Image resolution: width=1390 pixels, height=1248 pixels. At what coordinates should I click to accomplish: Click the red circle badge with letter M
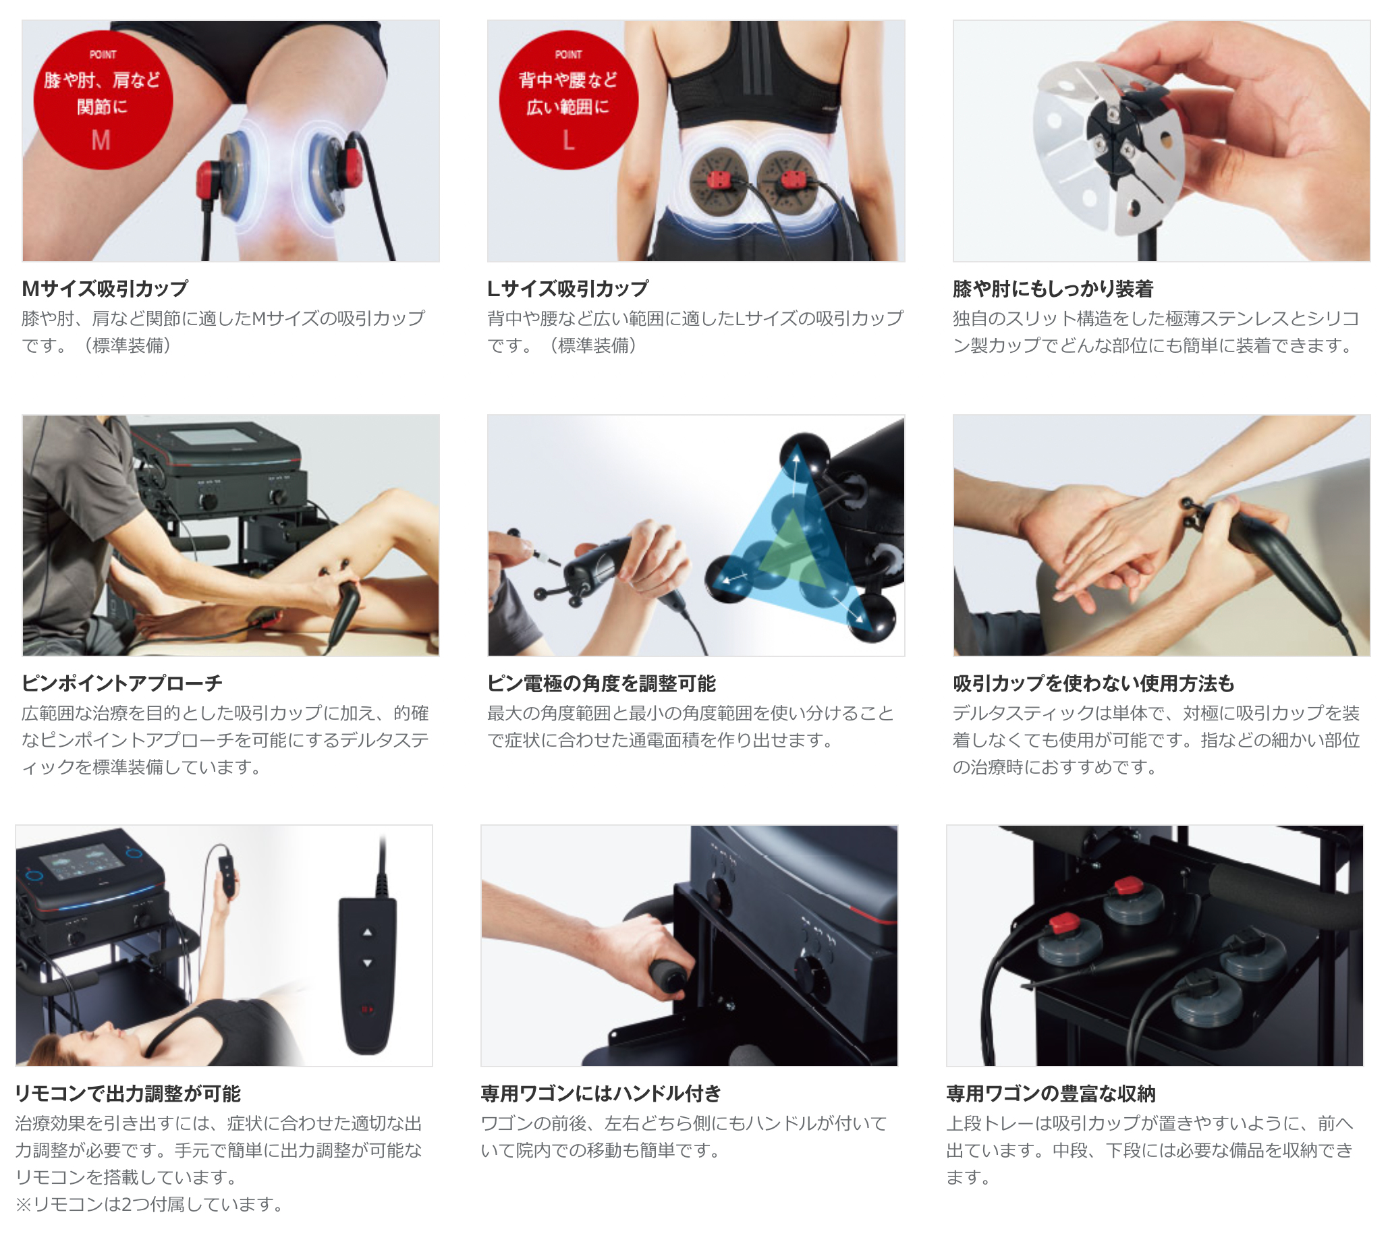103,100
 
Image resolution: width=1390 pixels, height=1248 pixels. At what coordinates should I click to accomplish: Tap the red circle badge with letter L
568,100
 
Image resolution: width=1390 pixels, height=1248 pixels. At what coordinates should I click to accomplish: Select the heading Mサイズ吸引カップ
105,289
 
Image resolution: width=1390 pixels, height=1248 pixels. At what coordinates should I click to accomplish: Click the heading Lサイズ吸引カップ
567,289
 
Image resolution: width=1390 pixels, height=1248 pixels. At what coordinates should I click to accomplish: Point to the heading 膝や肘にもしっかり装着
1053,289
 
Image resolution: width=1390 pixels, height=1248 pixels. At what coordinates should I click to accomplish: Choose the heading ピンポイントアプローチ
122,683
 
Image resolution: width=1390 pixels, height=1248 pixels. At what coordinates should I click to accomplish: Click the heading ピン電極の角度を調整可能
601,683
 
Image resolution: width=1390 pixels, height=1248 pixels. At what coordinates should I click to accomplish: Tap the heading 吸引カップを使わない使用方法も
1093,683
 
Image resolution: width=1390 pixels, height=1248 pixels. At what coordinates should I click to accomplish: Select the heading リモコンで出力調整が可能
128,1093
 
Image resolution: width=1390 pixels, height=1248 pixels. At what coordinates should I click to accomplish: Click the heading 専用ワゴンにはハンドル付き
601,1093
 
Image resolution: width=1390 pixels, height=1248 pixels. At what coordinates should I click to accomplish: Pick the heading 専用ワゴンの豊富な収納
1051,1093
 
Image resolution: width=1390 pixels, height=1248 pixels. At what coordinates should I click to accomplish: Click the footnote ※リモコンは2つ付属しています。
150,1204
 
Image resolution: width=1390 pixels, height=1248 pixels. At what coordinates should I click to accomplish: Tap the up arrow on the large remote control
368,932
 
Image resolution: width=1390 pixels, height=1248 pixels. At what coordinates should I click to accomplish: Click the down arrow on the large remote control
368,963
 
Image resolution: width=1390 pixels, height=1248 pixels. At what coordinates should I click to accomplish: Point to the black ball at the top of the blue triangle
804,454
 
